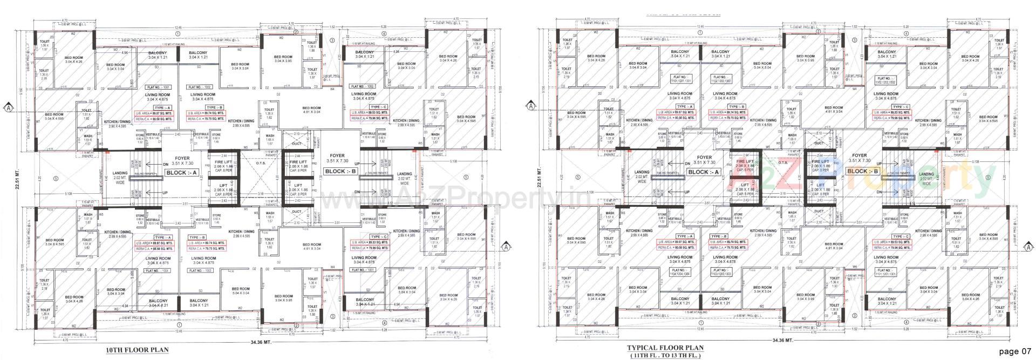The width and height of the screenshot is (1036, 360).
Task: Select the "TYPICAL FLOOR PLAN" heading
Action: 668,349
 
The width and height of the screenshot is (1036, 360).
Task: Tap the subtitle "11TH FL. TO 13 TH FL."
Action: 668,356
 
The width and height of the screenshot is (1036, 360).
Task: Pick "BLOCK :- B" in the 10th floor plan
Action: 340,171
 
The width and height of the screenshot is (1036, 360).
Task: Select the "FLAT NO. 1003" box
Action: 200,270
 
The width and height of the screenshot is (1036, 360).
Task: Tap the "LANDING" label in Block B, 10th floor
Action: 405,174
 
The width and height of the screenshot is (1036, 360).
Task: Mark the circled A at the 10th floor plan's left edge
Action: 9,107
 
